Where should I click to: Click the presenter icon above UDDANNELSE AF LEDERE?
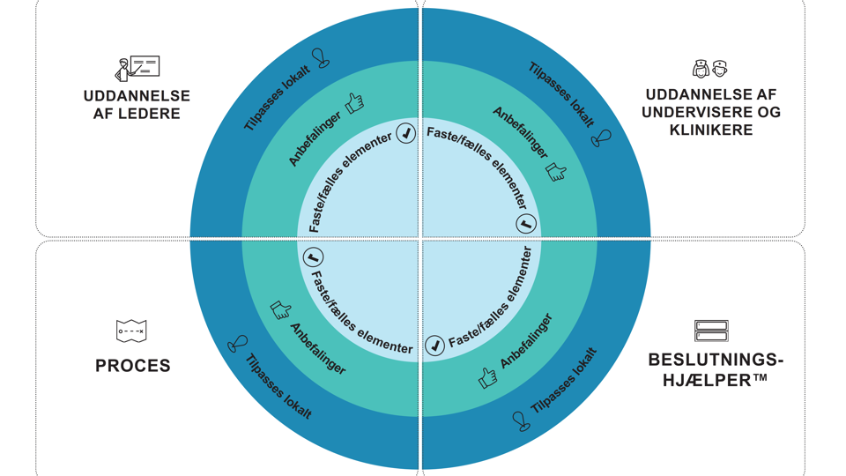pos(137,68)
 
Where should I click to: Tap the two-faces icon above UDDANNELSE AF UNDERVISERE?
pos(709,69)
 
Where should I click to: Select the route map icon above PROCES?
pos(131,331)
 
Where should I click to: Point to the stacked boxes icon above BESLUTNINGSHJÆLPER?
pos(711,331)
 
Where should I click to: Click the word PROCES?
pos(133,365)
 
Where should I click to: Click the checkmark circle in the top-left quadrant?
pos(405,133)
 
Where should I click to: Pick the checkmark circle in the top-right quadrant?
pos(526,223)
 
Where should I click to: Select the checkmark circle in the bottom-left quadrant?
pos(313,257)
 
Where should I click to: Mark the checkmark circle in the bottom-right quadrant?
pos(435,345)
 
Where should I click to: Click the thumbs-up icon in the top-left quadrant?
pos(355,103)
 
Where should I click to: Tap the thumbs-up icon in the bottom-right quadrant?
pos(487,377)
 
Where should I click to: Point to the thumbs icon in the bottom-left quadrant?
pos(280,309)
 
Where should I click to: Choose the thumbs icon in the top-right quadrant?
pos(556,171)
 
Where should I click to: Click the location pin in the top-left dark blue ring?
pos(323,59)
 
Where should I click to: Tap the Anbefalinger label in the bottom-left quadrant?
pos(318,348)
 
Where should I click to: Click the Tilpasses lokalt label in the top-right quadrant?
pos(560,94)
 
